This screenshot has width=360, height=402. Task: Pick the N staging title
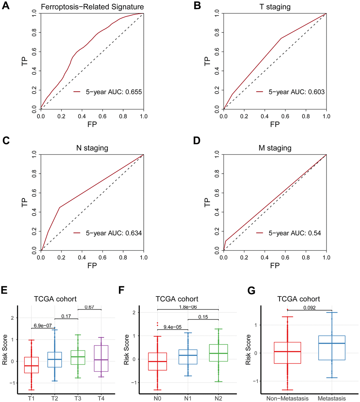click(92, 148)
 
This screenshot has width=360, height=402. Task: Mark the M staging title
click(275, 148)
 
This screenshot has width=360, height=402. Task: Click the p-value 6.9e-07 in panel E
click(42, 325)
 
